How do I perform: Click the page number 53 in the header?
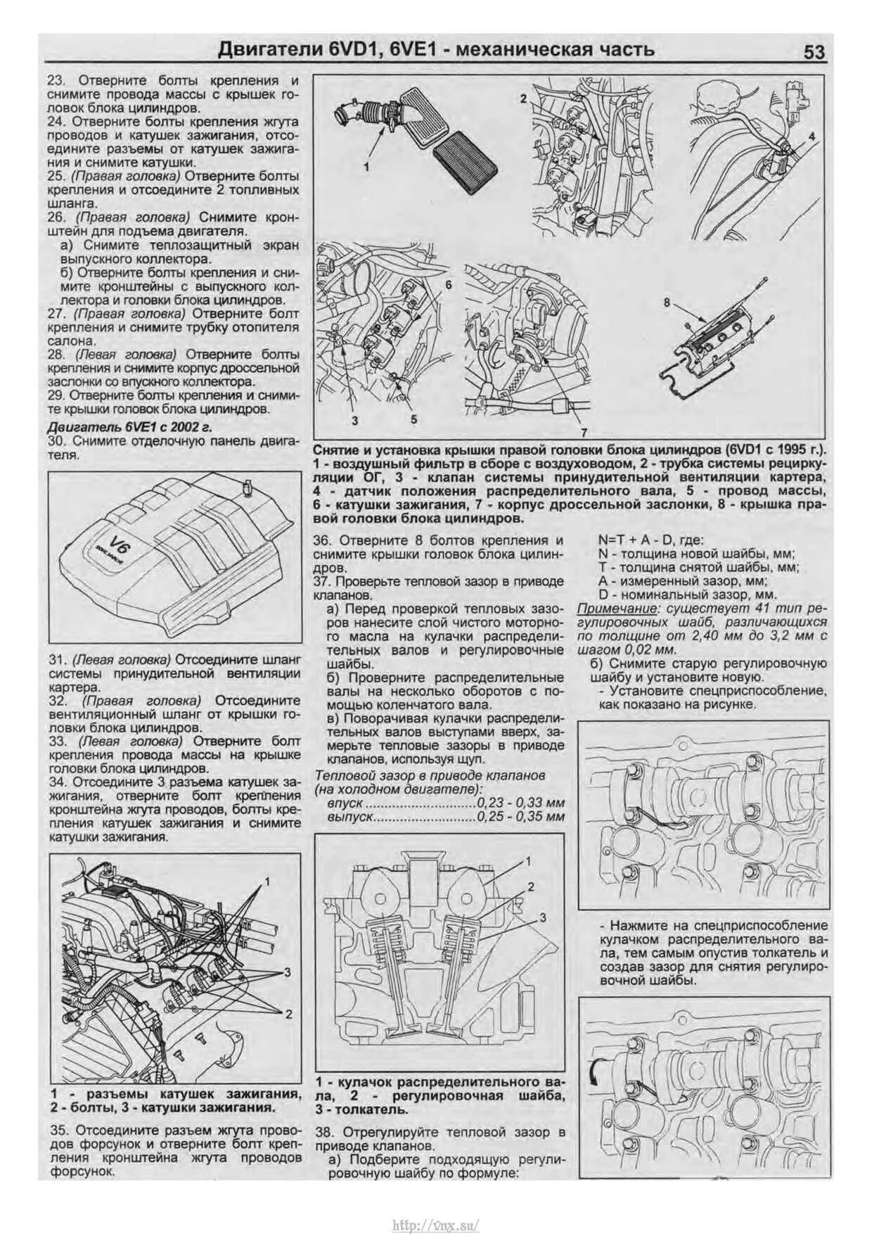click(814, 53)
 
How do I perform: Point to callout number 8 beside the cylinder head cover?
click(667, 303)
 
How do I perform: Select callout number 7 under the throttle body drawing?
click(583, 432)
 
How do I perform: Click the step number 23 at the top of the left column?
click(56, 81)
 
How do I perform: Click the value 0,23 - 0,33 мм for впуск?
click(520, 803)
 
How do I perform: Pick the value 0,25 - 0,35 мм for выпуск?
click(520, 817)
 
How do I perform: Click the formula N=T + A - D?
click(631, 540)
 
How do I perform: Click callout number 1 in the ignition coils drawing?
click(267, 881)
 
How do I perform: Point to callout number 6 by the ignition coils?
click(447, 285)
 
